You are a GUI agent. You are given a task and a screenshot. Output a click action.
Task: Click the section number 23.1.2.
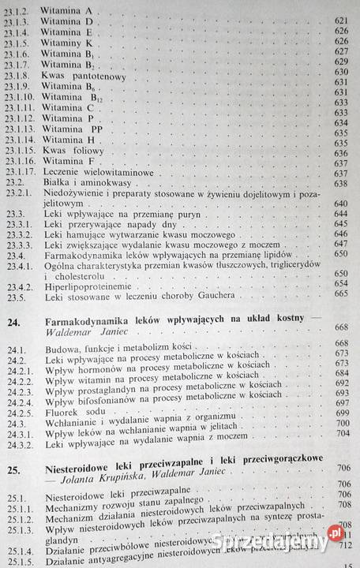point(17,7)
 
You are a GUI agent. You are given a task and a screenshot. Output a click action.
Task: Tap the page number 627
point(342,50)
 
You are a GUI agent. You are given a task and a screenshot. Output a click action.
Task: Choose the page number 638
point(341,184)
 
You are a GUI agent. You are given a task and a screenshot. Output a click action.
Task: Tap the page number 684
point(342,372)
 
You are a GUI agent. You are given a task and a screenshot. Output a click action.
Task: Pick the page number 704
point(342,432)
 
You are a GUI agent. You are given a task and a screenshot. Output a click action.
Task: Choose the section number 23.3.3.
point(17,245)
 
